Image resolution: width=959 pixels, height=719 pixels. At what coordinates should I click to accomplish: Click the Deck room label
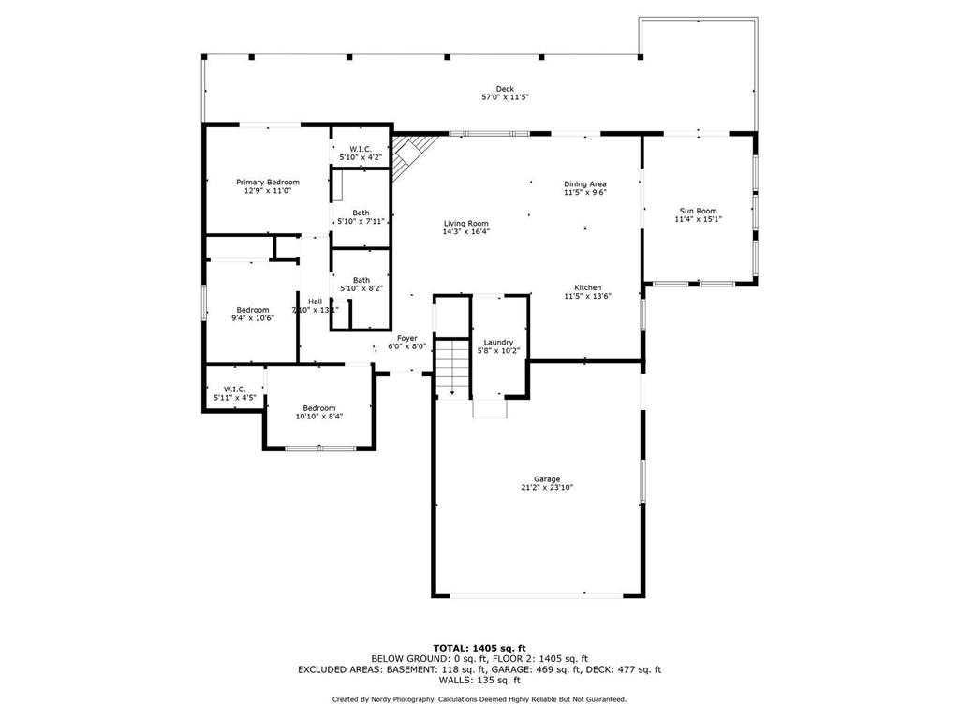[505, 89]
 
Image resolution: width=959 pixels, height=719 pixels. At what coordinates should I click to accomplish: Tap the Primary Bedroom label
[268, 182]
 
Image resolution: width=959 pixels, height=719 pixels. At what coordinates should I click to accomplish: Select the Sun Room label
[698, 212]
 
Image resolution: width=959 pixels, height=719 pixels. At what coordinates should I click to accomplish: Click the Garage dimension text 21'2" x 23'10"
[547, 487]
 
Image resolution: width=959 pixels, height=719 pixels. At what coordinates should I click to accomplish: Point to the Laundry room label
[498, 343]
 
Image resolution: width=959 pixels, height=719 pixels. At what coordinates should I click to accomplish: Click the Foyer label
[407, 338]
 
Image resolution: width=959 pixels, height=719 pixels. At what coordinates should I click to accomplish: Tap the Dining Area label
[585, 184]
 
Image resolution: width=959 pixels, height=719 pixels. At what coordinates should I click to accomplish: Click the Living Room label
[466, 224]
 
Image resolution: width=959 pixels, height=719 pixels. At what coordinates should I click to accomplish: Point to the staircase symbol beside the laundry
[453, 367]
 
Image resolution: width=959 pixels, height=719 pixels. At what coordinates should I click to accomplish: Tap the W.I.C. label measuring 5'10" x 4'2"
[361, 149]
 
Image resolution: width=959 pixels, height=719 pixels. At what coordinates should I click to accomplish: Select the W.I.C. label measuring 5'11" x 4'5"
[234, 389]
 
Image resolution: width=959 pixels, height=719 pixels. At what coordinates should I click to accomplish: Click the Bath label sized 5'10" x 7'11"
[361, 213]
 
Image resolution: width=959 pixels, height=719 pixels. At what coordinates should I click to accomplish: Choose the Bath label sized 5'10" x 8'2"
[361, 280]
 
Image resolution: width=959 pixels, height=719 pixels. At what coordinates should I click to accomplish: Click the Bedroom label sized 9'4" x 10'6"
[253, 310]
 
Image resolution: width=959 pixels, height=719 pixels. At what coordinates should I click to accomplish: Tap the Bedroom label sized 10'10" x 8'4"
[318, 407]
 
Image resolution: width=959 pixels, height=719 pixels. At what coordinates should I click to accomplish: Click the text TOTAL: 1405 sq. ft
[479, 648]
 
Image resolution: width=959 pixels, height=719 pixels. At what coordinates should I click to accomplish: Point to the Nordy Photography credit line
[479, 699]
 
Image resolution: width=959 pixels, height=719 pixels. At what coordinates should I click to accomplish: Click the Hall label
[315, 301]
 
